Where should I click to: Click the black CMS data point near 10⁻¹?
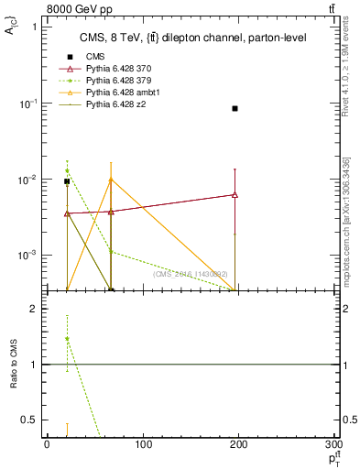click(x=235, y=108)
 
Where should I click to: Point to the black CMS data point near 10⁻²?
click(x=67, y=181)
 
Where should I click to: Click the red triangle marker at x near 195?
click(x=235, y=194)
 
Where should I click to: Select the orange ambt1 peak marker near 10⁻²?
click(x=111, y=180)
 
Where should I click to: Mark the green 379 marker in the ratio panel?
click(x=67, y=339)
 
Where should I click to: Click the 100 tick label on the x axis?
click(x=143, y=444)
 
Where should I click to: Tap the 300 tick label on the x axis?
click(x=336, y=444)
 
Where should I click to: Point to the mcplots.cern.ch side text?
click(x=351, y=220)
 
